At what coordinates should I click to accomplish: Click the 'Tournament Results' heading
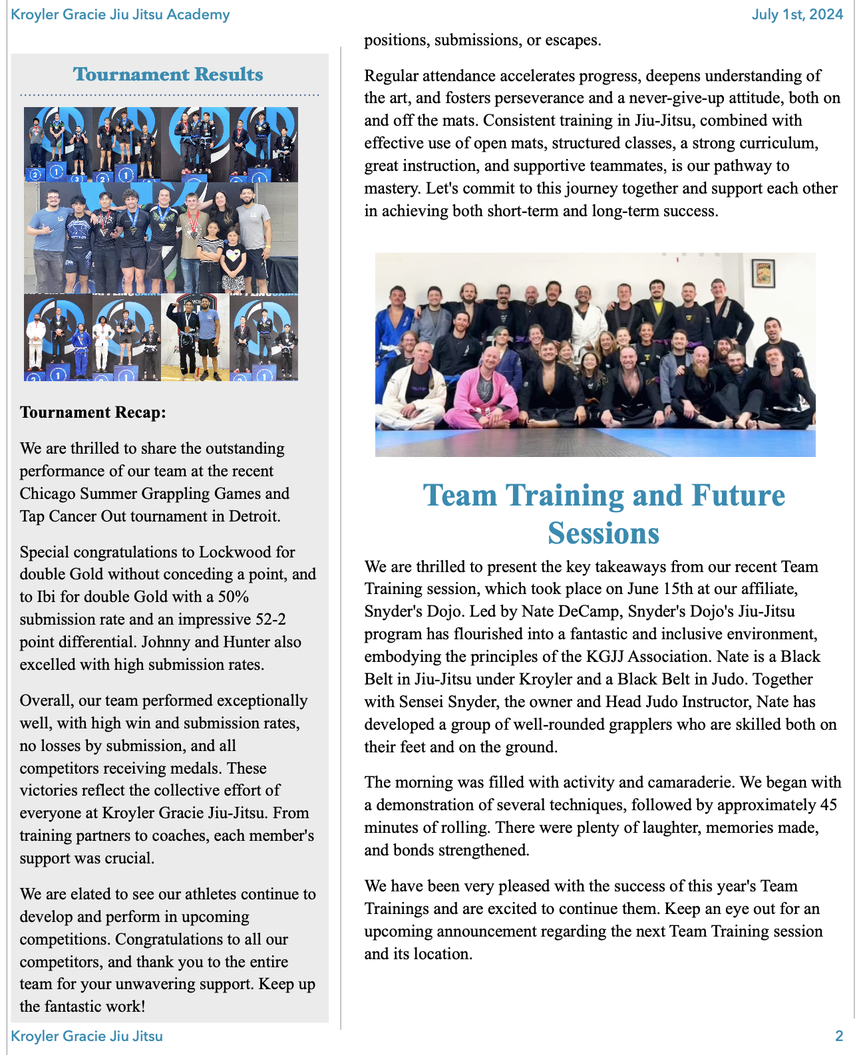[x=168, y=75]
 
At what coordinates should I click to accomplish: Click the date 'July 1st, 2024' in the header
[x=797, y=15]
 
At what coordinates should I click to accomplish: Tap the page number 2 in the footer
[x=839, y=1036]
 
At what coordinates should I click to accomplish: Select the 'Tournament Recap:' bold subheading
[x=92, y=412]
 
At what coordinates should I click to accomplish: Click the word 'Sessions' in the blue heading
[x=603, y=533]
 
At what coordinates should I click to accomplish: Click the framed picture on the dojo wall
[x=763, y=273]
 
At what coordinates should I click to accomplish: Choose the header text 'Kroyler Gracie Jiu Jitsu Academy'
[x=120, y=15]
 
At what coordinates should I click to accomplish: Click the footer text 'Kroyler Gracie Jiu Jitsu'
[x=87, y=1036]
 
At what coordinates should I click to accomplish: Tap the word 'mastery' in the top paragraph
[x=391, y=188]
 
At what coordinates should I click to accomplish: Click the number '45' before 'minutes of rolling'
[x=828, y=805]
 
